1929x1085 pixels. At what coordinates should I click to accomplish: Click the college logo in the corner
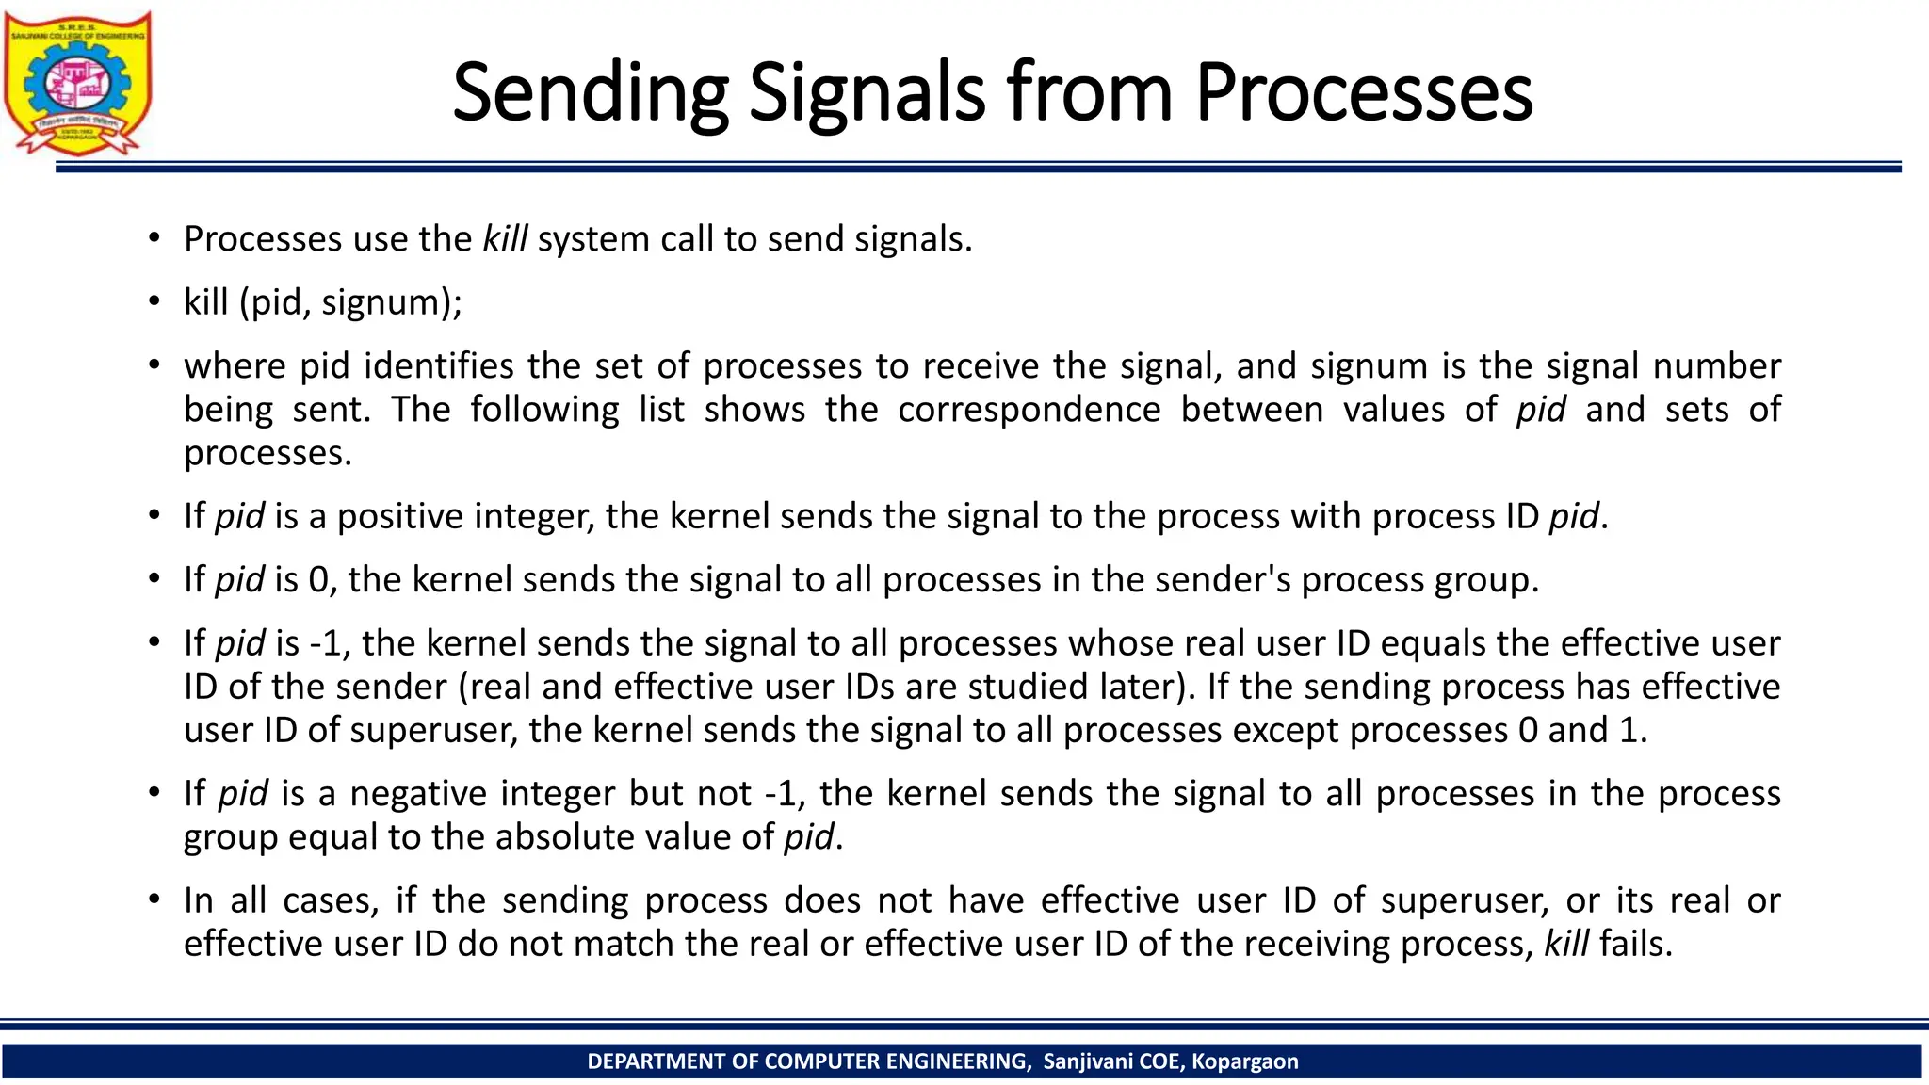[77, 83]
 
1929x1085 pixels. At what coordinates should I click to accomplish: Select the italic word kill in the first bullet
[505, 239]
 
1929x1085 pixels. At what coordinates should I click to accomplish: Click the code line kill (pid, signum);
[323, 302]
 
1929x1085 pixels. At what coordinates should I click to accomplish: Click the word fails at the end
[1635, 944]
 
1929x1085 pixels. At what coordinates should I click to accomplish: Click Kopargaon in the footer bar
[1244, 1061]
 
